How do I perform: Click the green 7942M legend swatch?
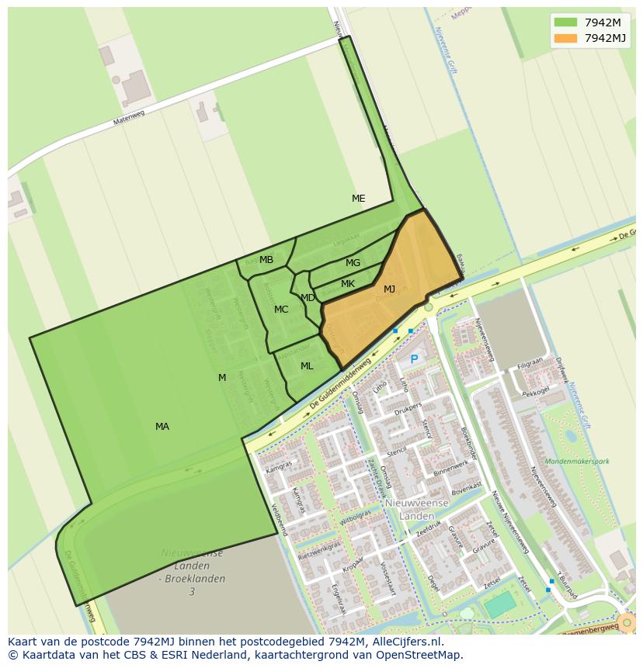click(x=566, y=22)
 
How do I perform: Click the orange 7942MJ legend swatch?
click(x=566, y=38)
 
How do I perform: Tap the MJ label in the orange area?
click(x=389, y=289)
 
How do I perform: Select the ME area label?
click(x=358, y=199)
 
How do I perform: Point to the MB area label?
click(x=266, y=260)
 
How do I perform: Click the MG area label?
click(x=353, y=263)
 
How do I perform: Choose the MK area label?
click(x=348, y=284)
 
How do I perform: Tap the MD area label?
click(x=308, y=298)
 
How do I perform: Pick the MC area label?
click(x=281, y=310)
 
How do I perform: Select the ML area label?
click(x=307, y=366)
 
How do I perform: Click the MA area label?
click(x=162, y=427)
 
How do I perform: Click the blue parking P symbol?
click(x=414, y=359)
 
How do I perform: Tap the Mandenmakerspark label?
click(x=577, y=461)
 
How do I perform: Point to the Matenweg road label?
click(x=129, y=116)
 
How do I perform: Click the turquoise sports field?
click(x=501, y=604)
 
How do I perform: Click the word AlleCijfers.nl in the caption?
click(x=405, y=642)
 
